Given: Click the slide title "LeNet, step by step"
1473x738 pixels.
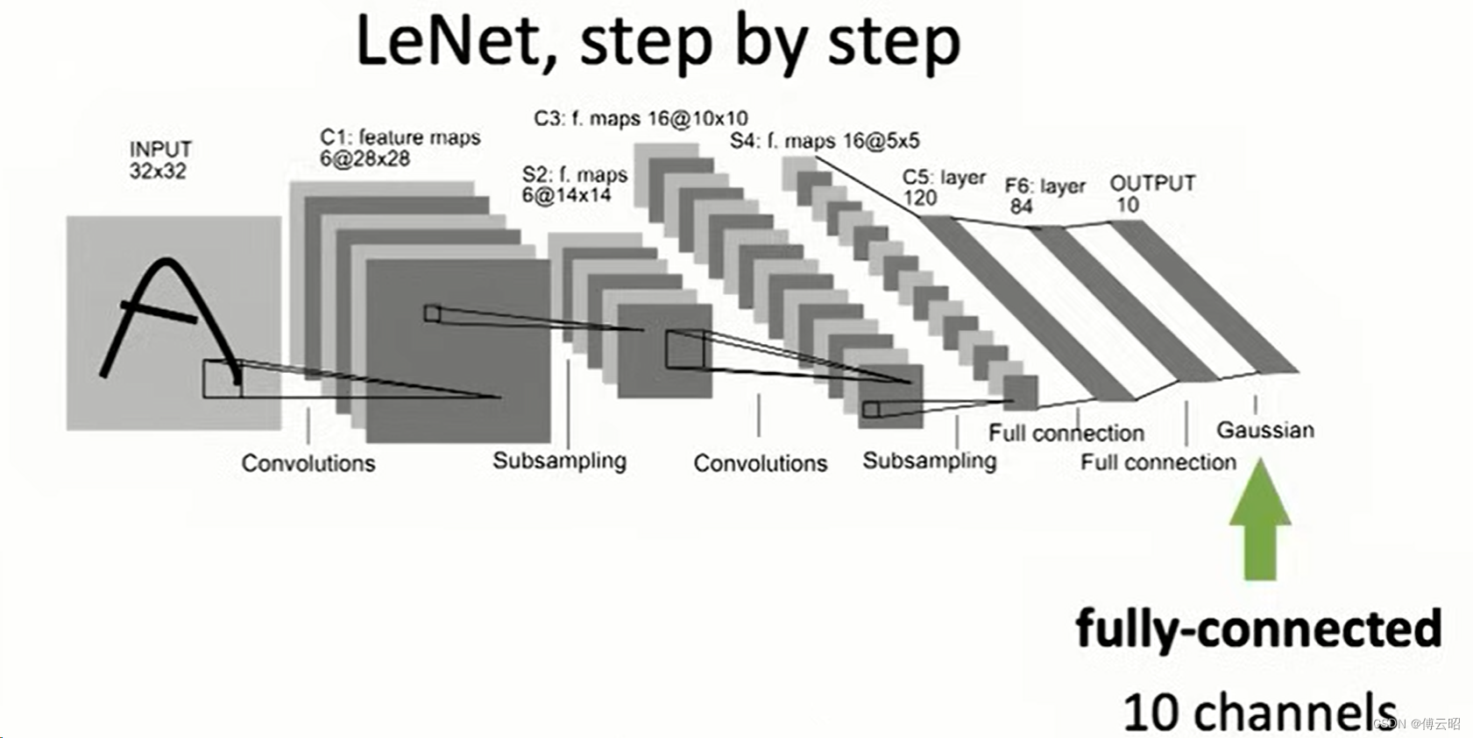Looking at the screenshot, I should tap(657, 42).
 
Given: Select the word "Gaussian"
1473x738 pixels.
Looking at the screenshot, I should tap(1265, 430).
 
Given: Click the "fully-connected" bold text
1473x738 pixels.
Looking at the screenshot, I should tap(1258, 629).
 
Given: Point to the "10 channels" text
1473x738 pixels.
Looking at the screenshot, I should tap(1258, 711).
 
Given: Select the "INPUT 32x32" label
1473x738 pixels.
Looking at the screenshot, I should tap(159, 160).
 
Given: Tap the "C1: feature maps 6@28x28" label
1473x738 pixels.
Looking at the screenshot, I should tap(400, 148).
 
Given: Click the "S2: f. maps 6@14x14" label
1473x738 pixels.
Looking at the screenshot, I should tap(575, 185).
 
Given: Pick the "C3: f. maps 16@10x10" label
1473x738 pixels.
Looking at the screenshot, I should tap(641, 118).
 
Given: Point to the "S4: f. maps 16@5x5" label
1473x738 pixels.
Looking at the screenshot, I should tap(825, 141).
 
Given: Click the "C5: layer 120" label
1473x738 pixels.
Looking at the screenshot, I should tap(943, 187).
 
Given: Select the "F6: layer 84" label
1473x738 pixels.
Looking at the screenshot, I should tap(1045, 196).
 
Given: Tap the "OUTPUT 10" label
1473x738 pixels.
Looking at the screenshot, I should tap(1151, 193).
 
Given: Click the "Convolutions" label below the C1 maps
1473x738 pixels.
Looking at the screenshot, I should tap(308, 463).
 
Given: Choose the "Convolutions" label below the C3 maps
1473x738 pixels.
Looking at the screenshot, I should tap(760, 463).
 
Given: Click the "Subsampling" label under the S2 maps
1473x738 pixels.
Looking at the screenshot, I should tap(559, 460).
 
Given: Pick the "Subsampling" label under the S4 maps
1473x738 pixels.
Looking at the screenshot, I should tap(929, 460).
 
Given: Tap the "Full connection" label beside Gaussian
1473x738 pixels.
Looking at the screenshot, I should tap(1158, 462).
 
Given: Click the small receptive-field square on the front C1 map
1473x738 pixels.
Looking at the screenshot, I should tap(432, 313).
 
